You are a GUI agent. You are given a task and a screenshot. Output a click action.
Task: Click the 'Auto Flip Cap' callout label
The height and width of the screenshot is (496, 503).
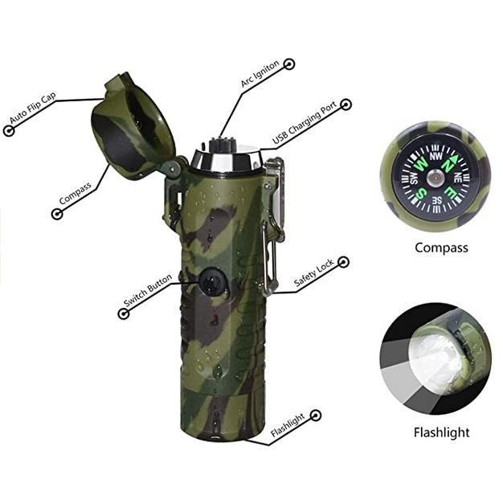pyautogui.click(x=33, y=108)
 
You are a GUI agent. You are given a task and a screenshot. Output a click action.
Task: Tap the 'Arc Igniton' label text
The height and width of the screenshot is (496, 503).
pyautogui.click(x=260, y=73)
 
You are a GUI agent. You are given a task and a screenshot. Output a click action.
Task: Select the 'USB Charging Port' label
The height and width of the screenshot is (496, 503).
pyautogui.click(x=305, y=123)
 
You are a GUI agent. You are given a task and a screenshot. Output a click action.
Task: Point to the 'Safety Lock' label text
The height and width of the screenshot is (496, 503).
pyautogui.click(x=313, y=272)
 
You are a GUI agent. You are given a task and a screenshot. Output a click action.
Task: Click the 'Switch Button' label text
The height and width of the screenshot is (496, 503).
pyautogui.click(x=148, y=290)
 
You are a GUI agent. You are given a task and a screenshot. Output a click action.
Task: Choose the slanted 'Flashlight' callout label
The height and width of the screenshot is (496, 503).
pyautogui.click(x=288, y=425)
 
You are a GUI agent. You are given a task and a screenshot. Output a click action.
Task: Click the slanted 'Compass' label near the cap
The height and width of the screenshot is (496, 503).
pyautogui.click(x=76, y=193)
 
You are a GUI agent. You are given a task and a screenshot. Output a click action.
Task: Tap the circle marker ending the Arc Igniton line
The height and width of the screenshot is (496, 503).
pyautogui.click(x=289, y=64)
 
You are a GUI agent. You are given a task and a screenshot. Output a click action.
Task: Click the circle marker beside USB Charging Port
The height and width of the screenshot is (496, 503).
pyautogui.click(x=346, y=105)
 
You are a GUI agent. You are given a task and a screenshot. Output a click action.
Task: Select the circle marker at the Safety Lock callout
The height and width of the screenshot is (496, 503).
pyautogui.click(x=344, y=262)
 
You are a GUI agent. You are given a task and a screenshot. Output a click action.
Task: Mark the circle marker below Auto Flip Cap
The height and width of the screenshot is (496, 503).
pyautogui.click(x=9, y=131)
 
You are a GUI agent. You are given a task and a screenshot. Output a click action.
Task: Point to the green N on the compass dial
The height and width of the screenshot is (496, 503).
pyautogui.click(x=448, y=164)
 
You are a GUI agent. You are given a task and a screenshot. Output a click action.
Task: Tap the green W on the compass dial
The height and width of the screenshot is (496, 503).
pyautogui.click(x=421, y=165)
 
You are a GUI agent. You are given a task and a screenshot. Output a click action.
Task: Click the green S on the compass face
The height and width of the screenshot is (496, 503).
pyautogui.click(x=423, y=193)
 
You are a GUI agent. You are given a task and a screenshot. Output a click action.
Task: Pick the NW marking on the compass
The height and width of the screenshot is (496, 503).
pyautogui.click(x=436, y=156)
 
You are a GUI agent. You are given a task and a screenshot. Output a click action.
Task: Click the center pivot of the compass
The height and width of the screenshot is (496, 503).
pyautogui.click(x=436, y=178)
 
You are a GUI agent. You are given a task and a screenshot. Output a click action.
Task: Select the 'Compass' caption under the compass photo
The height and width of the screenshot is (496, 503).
pyautogui.click(x=441, y=248)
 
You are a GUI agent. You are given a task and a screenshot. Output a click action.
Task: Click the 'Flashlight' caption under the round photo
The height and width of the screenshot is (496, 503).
pyautogui.click(x=441, y=432)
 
